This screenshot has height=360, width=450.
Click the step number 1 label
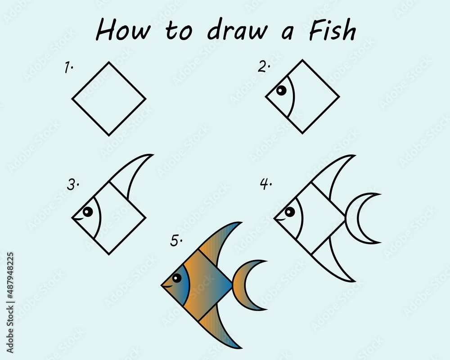pos(68,68)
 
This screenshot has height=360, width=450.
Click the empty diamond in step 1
pos(109,98)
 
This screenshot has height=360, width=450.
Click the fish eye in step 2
pos(281,91)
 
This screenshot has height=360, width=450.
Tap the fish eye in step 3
pos(88,211)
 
